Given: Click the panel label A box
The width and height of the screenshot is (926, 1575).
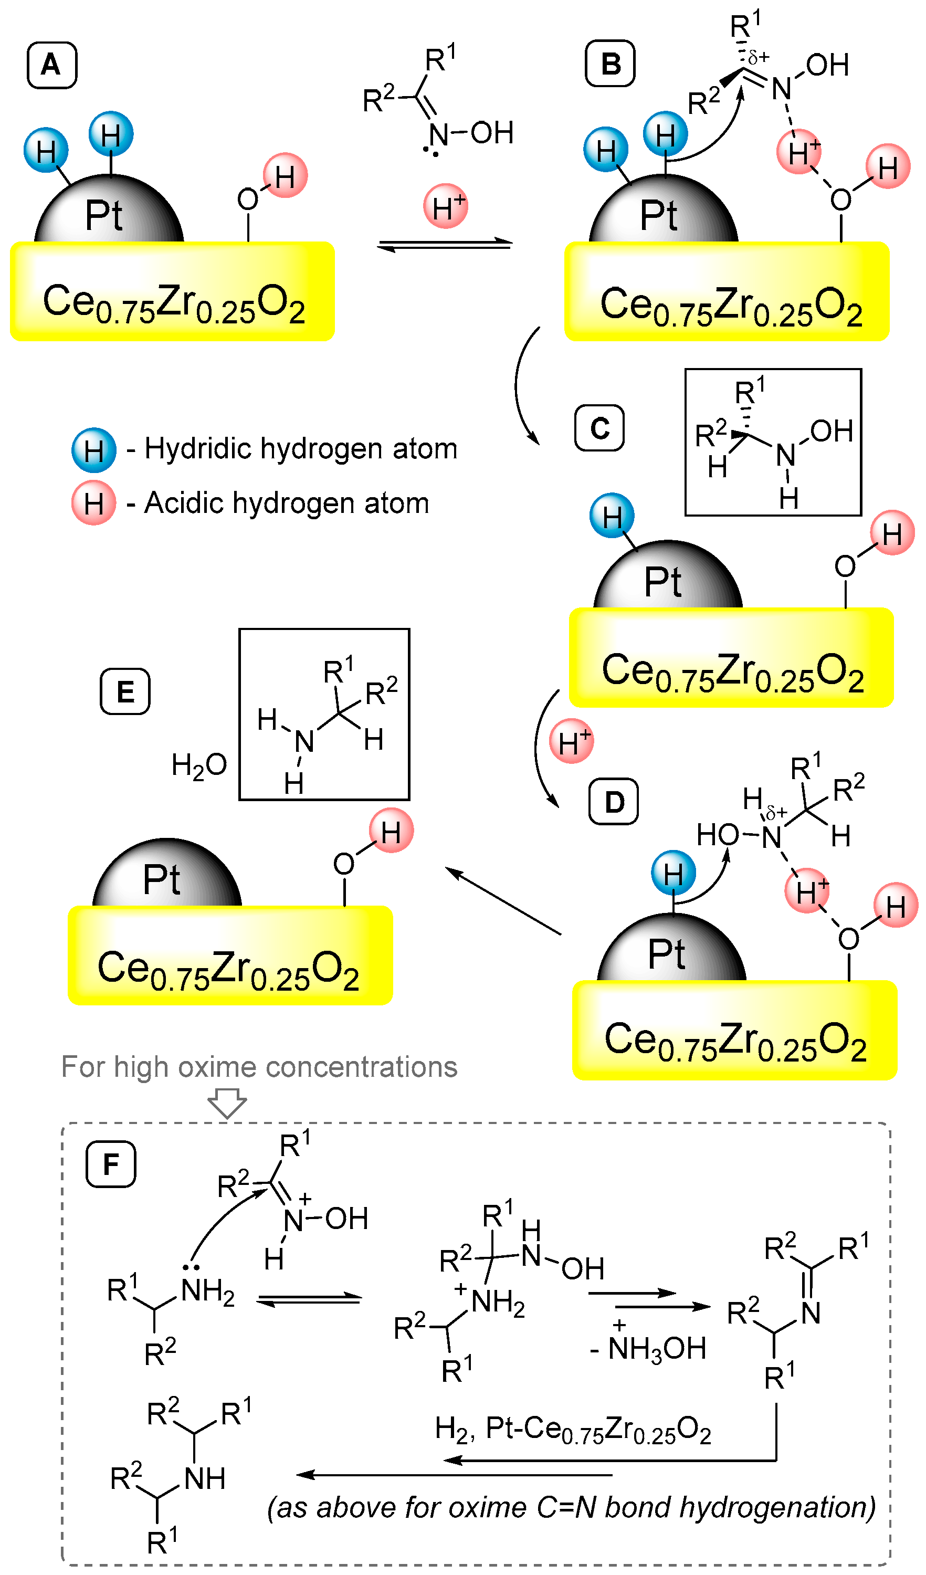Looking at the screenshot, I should coord(52,65).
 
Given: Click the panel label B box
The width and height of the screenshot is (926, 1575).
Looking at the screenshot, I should coord(610,64).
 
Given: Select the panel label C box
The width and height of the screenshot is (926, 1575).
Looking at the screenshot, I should coord(598,428).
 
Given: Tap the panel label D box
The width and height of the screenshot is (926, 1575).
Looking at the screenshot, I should coord(613,802).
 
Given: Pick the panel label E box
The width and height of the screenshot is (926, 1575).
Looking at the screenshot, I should coord(125,691).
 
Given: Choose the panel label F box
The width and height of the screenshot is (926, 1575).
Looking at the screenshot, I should coord(111,1164).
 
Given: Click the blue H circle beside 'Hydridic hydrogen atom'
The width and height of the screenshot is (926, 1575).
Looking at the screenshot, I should coord(94,450).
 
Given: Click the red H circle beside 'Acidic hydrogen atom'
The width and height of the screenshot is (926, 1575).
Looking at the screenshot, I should coord(94,503).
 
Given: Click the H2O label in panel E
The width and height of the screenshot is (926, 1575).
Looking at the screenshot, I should coord(199,765).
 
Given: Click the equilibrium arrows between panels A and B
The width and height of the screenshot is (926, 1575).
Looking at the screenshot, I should coord(445,244).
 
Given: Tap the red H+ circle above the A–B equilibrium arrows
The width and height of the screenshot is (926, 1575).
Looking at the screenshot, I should coord(446,206).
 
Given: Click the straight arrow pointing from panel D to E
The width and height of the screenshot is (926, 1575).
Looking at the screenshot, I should coord(503,900).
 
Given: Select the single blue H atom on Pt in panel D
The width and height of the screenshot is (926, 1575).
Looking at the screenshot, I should coord(673,873).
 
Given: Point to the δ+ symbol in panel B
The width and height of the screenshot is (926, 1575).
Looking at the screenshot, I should coord(759,58).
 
